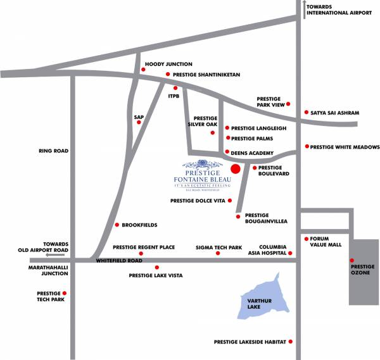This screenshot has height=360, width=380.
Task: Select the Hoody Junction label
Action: [x=168, y=65]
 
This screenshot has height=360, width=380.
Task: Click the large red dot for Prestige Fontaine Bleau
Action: [x=235, y=168]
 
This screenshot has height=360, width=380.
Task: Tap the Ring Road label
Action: [x=53, y=151]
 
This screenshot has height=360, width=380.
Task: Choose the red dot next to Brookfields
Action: [x=117, y=225]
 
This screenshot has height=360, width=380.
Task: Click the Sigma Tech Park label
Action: [x=219, y=247]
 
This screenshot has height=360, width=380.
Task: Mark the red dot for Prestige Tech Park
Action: [x=64, y=294]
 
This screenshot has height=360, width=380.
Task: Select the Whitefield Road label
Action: [x=119, y=261]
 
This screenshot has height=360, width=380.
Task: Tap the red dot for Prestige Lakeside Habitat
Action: [x=291, y=342]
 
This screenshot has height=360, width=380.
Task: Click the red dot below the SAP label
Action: [x=139, y=122]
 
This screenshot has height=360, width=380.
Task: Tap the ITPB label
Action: [x=175, y=96]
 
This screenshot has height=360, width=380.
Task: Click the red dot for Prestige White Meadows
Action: [x=307, y=147]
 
